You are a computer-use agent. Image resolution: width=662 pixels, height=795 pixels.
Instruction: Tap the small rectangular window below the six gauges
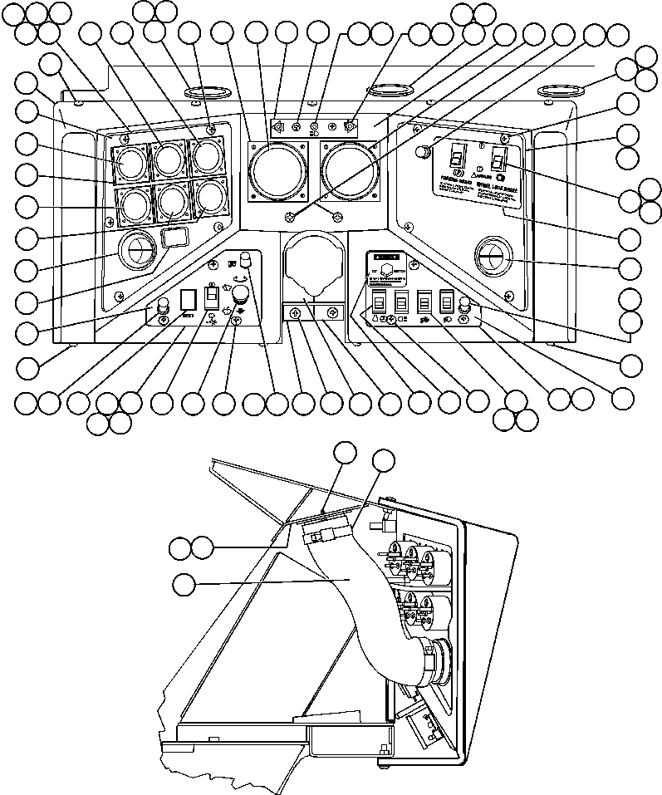click(x=173, y=239)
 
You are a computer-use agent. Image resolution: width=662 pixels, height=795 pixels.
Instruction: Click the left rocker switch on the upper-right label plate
click(x=454, y=157)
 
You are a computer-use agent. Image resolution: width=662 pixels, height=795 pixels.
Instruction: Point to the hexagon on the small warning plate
click(x=385, y=271)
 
